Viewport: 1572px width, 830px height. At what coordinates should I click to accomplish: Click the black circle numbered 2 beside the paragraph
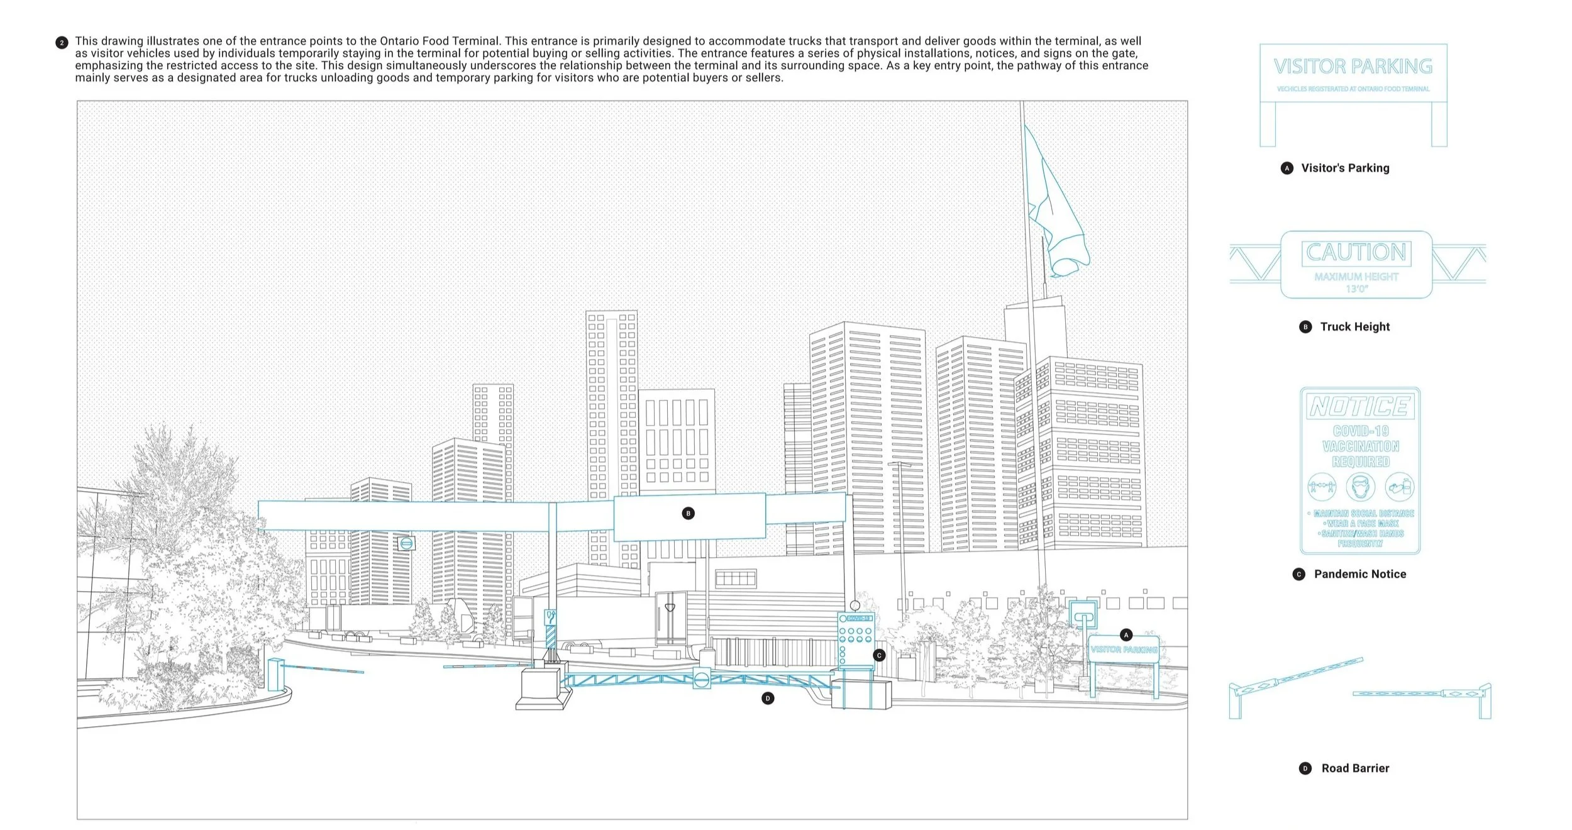[62, 43]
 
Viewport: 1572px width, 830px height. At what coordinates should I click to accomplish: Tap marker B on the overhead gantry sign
[688, 513]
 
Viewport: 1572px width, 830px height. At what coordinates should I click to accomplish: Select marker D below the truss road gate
[767, 698]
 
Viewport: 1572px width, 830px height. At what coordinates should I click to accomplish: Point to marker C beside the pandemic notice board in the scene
[879, 655]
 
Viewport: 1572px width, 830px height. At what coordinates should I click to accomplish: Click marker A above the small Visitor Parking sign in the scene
[1126, 634]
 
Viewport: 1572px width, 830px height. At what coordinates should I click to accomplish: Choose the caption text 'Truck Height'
[1354, 326]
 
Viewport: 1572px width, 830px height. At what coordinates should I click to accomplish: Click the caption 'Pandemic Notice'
[1359, 573]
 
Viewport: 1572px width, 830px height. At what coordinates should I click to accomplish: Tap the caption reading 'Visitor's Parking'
[1345, 168]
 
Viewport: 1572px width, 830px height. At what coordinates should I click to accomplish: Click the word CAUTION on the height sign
[1356, 252]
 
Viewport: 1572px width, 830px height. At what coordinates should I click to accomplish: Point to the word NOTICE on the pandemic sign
[1359, 406]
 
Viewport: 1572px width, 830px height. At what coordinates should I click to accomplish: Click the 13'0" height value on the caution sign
[1356, 289]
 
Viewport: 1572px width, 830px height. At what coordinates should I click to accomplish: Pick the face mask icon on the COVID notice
[1360, 487]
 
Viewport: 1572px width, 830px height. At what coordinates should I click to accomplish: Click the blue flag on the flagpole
[1055, 201]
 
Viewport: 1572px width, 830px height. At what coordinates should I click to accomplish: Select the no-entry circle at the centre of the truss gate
[702, 679]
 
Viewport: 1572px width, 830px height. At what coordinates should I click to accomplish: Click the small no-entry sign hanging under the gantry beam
[406, 543]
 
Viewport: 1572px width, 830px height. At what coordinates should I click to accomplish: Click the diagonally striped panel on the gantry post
[551, 636]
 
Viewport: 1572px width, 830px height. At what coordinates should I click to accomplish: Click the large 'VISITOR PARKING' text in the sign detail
[1353, 66]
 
